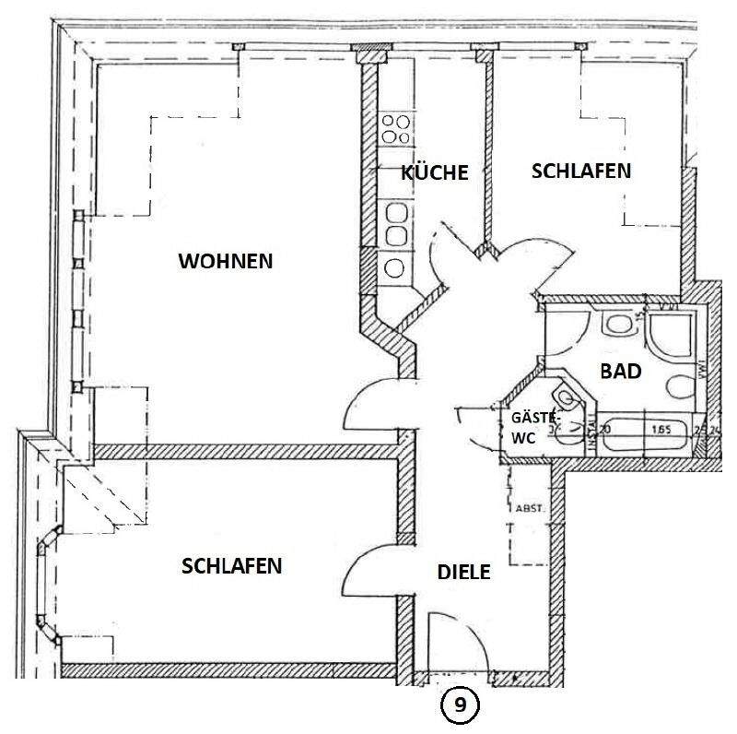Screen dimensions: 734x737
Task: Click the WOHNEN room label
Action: click(226, 261)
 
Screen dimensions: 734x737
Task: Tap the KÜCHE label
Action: click(435, 172)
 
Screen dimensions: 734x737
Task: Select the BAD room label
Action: click(620, 372)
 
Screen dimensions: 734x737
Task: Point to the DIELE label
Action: click(463, 572)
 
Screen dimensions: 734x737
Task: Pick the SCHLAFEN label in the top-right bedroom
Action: click(581, 172)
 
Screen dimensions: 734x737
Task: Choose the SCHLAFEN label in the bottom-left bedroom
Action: click(231, 565)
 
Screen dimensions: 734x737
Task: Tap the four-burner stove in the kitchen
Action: click(396, 128)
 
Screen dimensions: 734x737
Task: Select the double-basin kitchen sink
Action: click(396, 224)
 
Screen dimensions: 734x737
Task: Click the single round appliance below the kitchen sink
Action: click(394, 269)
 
